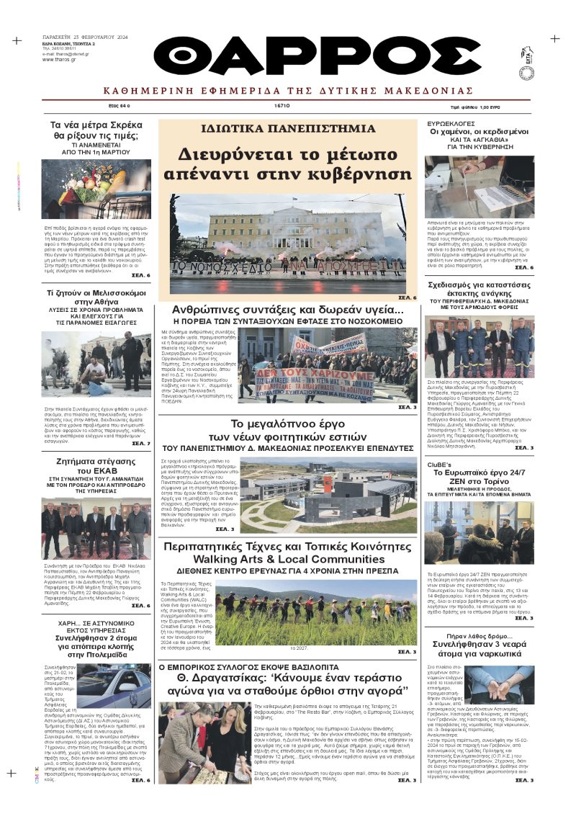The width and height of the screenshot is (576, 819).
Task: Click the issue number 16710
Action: pyautogui.click(x=282, y=105)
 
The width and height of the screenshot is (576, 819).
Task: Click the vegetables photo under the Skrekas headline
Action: pyautogui.click(x=96, y=189)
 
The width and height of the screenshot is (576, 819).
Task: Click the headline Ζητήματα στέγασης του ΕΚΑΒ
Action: pyautogui.click(x=95, y=465)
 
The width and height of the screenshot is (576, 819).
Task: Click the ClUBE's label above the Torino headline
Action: pyautogui.click(x=438, y=465)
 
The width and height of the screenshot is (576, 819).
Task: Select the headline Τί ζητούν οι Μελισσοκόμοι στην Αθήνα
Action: pyautogui.click(x=95, y=298)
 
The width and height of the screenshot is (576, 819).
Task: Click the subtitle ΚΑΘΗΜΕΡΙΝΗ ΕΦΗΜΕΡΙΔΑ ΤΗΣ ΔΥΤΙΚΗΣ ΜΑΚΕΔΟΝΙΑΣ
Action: pyautogui.click(x=287, y=91)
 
